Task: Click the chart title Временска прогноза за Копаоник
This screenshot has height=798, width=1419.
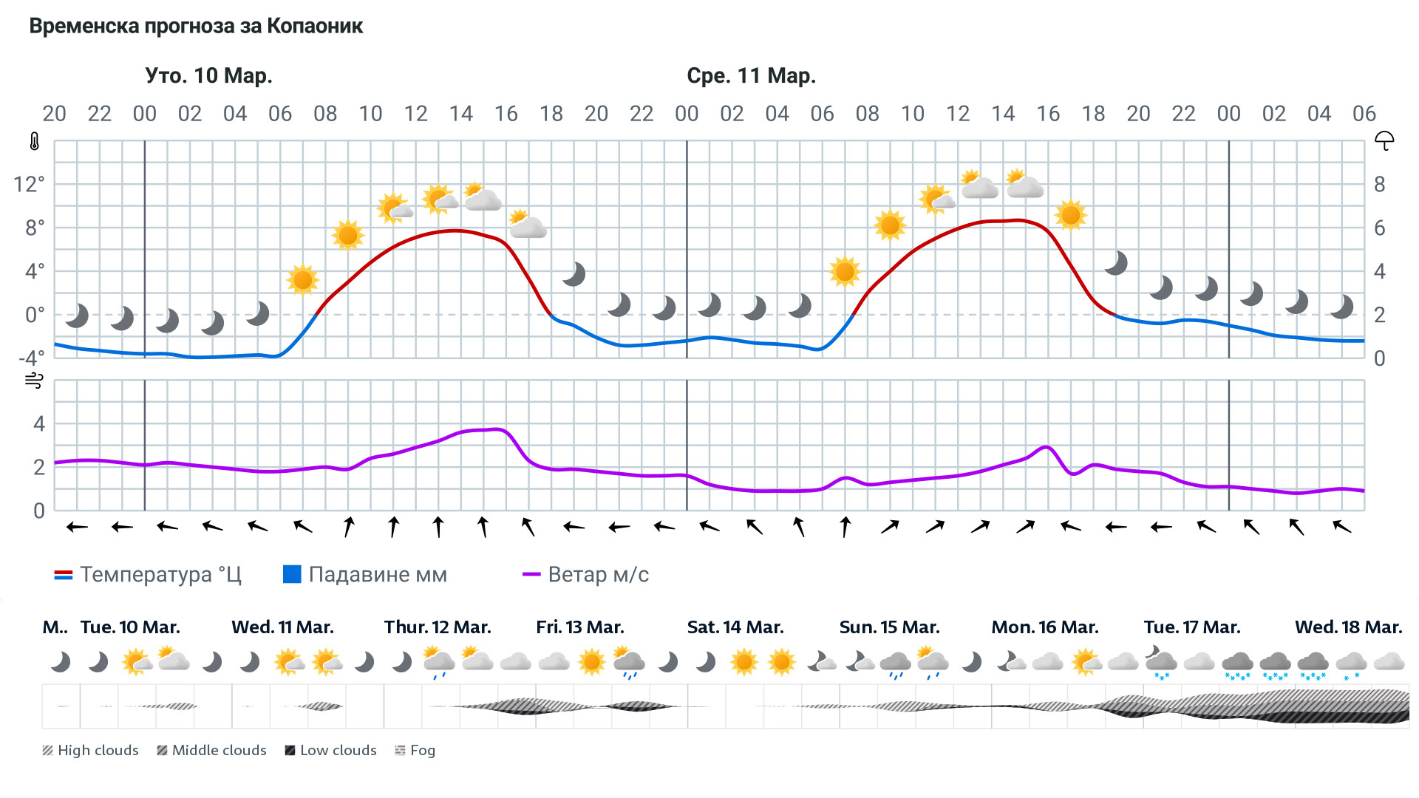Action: click(x=196, y=27)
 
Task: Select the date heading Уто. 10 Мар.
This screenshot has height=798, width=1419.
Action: click(x=208, y=76)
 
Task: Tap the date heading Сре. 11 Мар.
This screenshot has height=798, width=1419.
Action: click(x=751, y=76)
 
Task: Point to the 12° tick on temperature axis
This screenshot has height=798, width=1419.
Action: click(x=29, y=184)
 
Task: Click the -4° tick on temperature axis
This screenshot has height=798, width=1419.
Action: click(x=31, y=358)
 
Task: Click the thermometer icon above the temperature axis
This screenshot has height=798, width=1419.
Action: click(x=35, y=142)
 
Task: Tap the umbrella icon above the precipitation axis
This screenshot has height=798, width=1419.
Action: click(x=1384, y=140)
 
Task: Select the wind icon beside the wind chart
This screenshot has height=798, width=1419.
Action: click(x=34, y=381)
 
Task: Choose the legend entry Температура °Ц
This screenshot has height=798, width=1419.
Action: click(x=148, y=575)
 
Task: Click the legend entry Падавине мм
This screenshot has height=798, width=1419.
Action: click(x=366, y=575)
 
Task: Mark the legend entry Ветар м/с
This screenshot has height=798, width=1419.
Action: click(x=586, y=575)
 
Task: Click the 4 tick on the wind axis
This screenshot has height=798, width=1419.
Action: click(x=39, y=424)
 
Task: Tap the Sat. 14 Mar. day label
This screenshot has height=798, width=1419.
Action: click(x=735, y=627)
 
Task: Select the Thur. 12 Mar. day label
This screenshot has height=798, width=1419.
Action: click(x=438, y=627)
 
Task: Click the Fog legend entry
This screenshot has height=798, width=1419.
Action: click(x=415, y=751)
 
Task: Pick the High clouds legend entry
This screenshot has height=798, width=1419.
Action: click(x=90, y=751)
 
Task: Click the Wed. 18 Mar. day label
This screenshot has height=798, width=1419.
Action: click(x=1348, y=627)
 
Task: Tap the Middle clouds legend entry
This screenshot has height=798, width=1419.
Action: click(x=211, y=751)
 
